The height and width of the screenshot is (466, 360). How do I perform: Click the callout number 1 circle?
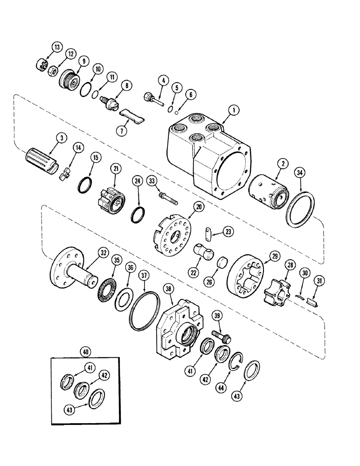click(232, 110)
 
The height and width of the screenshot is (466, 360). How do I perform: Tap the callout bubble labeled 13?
click(56, 47)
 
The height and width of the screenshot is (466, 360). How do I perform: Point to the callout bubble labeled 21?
click(114, 167)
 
